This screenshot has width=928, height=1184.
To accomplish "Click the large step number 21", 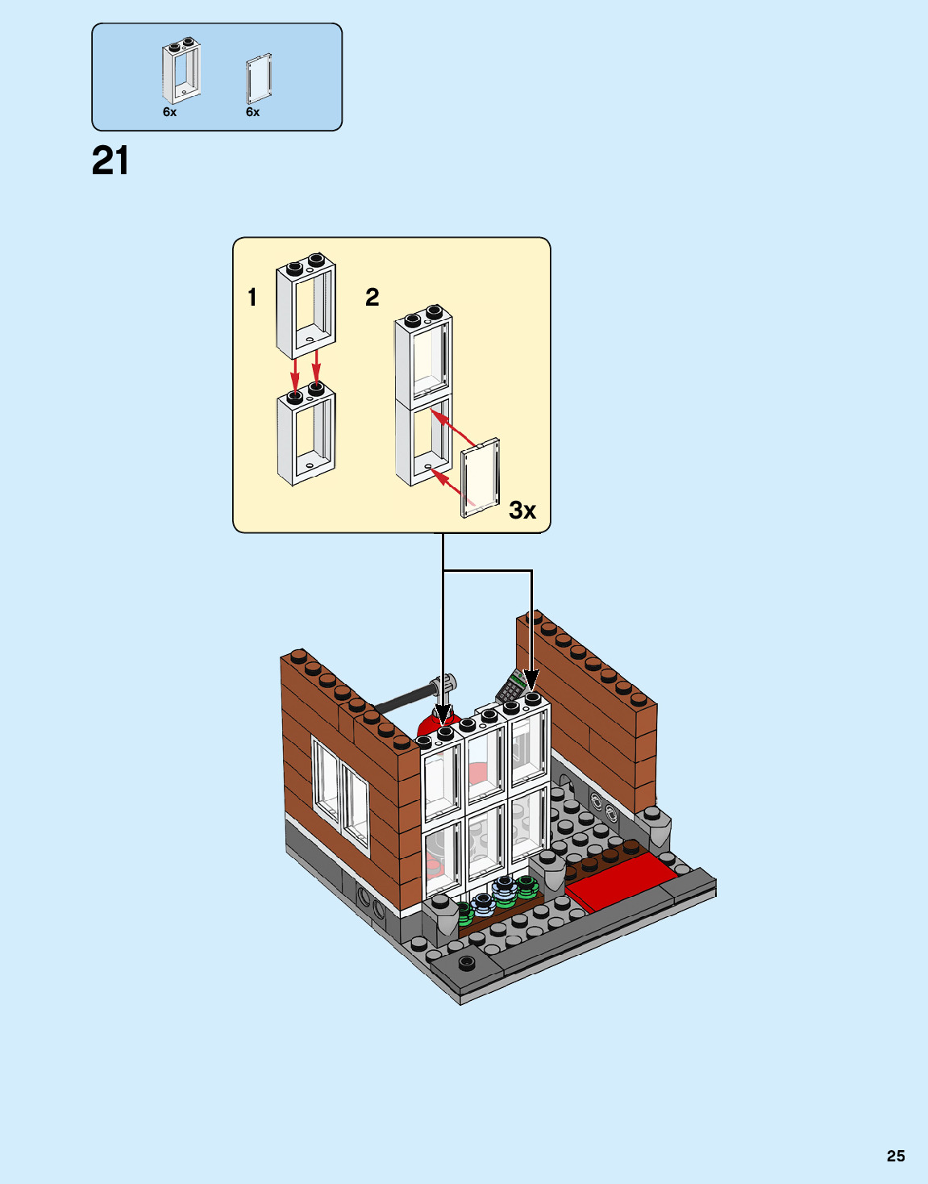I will [x=110, y=161].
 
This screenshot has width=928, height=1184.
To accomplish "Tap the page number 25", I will [x=896, y=1156].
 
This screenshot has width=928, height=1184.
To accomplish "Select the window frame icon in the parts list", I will [x=181, y=70].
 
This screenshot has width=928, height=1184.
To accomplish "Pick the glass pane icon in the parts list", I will [x=259, y=79].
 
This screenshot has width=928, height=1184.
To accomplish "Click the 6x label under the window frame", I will [x=169, y=112].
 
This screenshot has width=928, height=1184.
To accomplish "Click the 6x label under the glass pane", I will [x=252, y=112].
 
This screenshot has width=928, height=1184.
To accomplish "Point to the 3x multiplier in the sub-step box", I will [x=522, y=511].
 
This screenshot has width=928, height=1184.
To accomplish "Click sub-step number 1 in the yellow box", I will [x=252, y=298].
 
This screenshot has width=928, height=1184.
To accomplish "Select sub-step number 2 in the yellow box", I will [x=372, y=298].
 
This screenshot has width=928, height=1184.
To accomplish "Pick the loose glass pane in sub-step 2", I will [x=481, y=477].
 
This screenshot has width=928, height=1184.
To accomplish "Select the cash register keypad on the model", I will [x=511, y=688].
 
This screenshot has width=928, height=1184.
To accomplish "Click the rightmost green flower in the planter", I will [x=526, y=887].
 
